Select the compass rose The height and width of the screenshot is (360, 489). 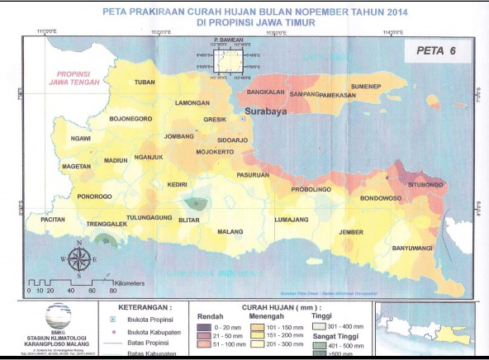78,258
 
